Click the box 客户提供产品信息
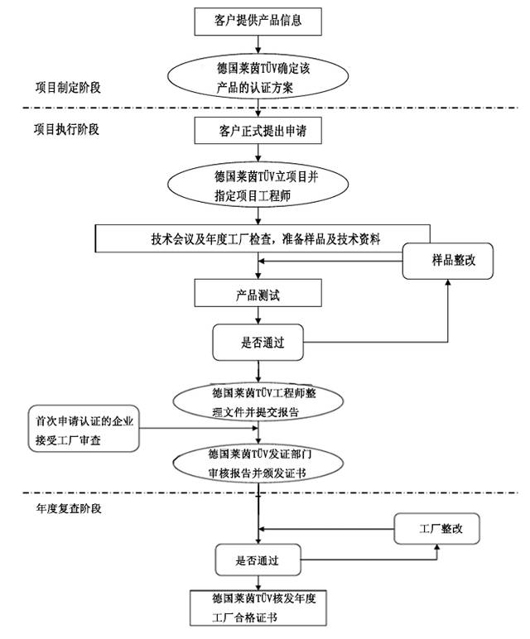258,22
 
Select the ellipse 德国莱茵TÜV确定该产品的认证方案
258,76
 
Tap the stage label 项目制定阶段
68,87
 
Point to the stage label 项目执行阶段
66,129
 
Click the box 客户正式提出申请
258,131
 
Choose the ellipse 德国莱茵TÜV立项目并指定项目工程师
258,185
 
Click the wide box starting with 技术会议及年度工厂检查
263,238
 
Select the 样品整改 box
448,262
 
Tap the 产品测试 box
258,293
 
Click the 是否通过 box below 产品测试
258,343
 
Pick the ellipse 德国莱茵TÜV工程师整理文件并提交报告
258,401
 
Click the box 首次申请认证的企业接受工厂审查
84,428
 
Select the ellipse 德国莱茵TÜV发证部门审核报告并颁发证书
258,463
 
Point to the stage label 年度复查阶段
69,508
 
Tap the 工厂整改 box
436,529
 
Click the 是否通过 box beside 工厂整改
258,560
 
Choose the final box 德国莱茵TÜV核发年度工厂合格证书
258,608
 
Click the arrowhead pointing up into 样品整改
448,282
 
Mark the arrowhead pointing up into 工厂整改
437,547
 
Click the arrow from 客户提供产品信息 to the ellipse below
258,45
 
